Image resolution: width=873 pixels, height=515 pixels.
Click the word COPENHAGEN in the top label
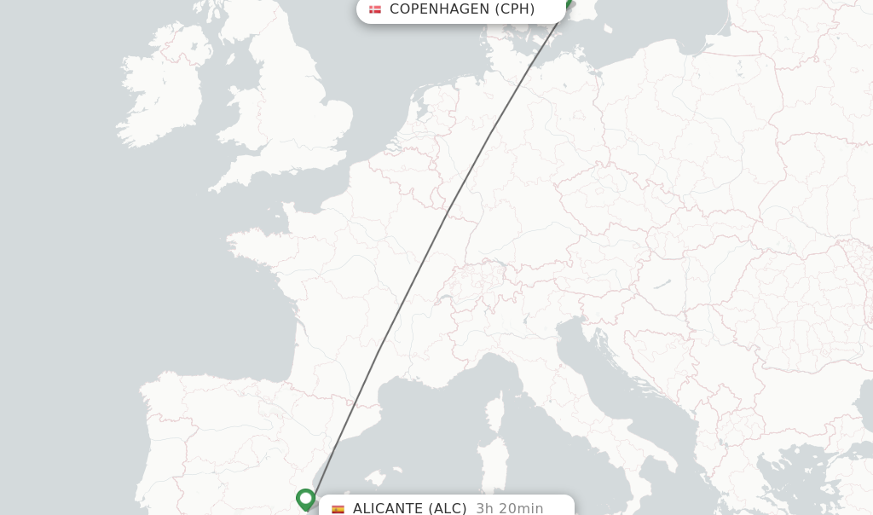(x=439, y=9)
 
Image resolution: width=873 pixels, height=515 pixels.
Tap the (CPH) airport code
(x=515, y=9)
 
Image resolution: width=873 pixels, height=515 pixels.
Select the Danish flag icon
(x=375, y=9)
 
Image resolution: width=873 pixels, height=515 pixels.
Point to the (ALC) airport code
(x=447, y=508)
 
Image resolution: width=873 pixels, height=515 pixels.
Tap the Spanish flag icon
(x=338, y=509)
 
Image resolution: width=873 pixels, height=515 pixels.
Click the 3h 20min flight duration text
(x=510, y=508)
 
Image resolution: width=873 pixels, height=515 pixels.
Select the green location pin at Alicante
(x=305, y=499)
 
